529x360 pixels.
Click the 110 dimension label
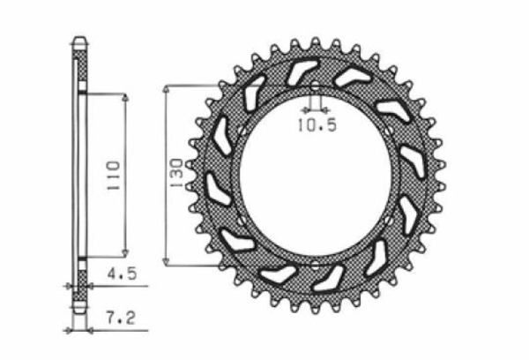tap(114, 176)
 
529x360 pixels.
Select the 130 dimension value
tap(176, 173)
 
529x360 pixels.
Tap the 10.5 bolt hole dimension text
tap(317, 125)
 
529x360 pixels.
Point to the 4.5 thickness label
tap(123, 274)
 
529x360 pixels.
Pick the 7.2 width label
tap(121, 319)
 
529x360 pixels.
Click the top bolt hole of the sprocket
tap(315, 86)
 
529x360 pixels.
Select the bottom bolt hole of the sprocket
tap(315, 266)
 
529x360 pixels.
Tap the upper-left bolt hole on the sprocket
tap(242, 131)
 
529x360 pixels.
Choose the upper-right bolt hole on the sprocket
tap(389, 131)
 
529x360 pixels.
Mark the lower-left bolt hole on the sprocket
tap(242, 221)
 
